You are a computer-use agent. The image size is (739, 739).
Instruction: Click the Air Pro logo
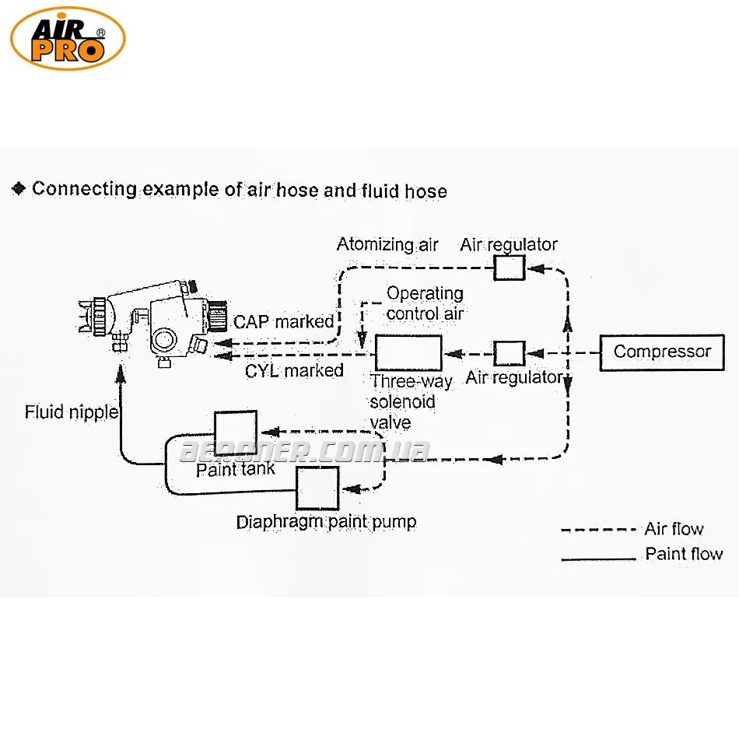pos(68,38)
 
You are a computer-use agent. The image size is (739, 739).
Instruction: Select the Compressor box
pos(662,352)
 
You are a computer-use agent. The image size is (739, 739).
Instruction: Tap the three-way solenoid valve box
pos(408,353)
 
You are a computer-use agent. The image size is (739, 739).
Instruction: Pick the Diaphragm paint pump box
pos(317,488)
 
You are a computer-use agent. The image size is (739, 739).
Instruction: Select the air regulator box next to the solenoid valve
pos(510,353)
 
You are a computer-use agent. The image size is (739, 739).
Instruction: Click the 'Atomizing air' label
pos(387,244)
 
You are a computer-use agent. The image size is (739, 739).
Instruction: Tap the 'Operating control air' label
pos(425,303)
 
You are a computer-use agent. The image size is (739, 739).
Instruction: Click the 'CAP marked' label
pos(283,321)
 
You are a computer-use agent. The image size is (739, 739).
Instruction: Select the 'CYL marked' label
pos(294,371)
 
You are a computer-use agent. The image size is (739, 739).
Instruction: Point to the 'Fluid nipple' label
pos(71,412)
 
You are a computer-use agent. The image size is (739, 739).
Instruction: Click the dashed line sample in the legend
pos(598,531)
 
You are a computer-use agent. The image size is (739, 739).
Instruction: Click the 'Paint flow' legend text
pos(684,555)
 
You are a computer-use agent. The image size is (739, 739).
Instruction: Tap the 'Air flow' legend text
pos(674,530)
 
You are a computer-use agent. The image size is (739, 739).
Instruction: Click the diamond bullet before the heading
pos(19,189)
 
